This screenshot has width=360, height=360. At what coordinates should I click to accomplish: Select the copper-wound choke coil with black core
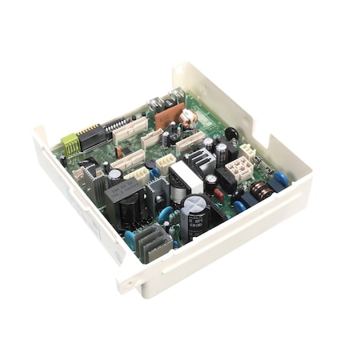[x=261, y=190]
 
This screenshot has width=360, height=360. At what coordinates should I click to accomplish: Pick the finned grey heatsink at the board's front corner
[x=155, y=242]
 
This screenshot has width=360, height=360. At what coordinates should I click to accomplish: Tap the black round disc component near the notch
[x=231, y=134]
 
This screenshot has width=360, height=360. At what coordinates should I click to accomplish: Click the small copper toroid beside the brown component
[x=189, y=117]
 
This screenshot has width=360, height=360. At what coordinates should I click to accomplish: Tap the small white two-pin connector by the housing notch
[x=248, y=150]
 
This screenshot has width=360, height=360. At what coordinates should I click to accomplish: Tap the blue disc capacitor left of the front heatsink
[x=130, y=238]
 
